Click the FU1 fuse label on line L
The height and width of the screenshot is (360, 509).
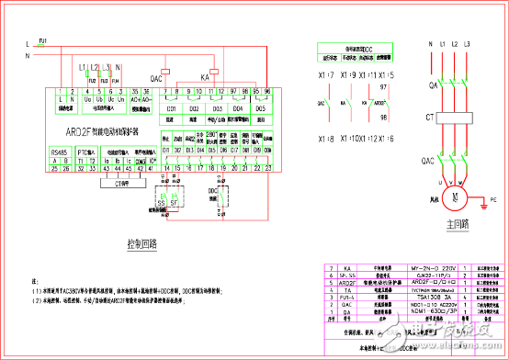tap(42, 39)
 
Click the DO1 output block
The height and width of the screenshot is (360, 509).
tap(172, 108)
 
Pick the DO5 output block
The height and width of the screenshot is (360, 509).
tap(260, 108)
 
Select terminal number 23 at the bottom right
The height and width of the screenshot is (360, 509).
tap(268, 168)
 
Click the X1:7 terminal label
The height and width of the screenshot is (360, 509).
tap(323, 74)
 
